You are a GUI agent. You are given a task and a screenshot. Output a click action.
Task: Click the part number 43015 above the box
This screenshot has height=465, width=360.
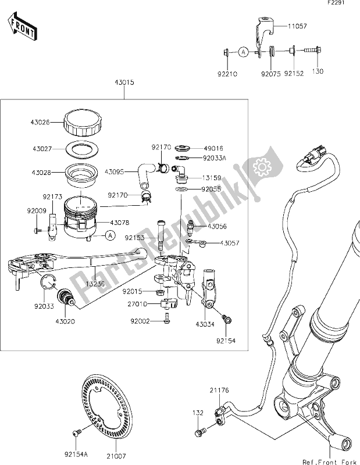124,84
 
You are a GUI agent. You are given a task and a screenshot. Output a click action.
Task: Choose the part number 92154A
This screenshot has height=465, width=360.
69,449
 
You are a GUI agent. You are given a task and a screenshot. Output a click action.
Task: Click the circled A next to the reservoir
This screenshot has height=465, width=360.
109,235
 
